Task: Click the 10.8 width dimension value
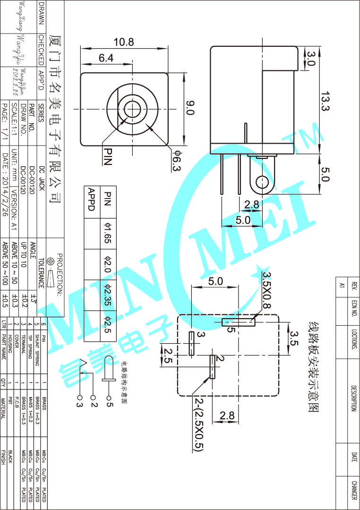coord(123,42)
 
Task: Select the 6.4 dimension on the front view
coord(106,58)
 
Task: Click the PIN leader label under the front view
coord(107,156)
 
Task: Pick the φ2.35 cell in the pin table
coord(107,295)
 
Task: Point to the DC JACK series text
coord(42,178)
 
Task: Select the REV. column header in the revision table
coord(355,285)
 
